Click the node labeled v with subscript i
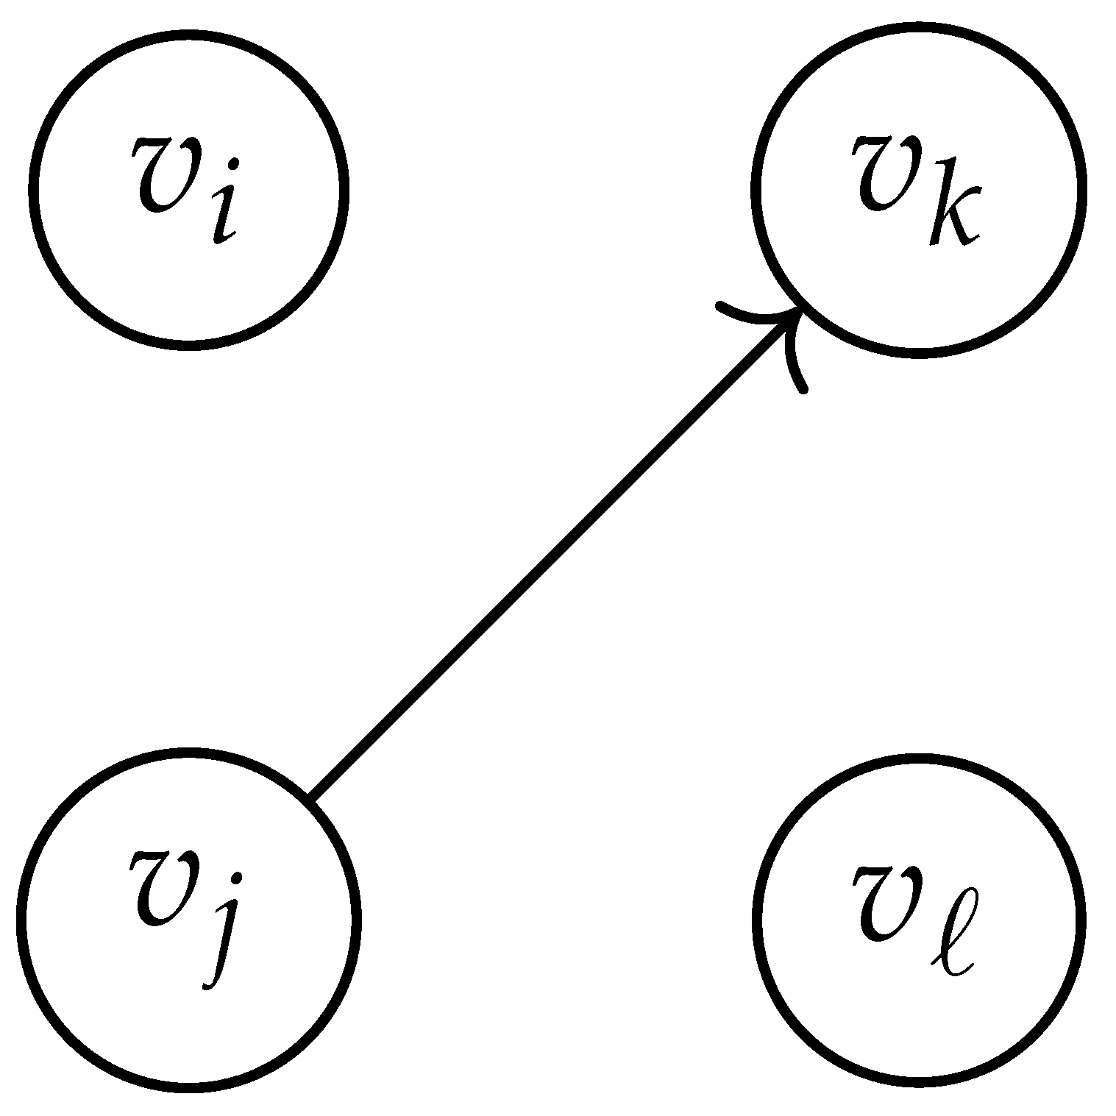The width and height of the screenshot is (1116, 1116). pos(188,188)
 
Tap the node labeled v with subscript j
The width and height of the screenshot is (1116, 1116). pos(188,918)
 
